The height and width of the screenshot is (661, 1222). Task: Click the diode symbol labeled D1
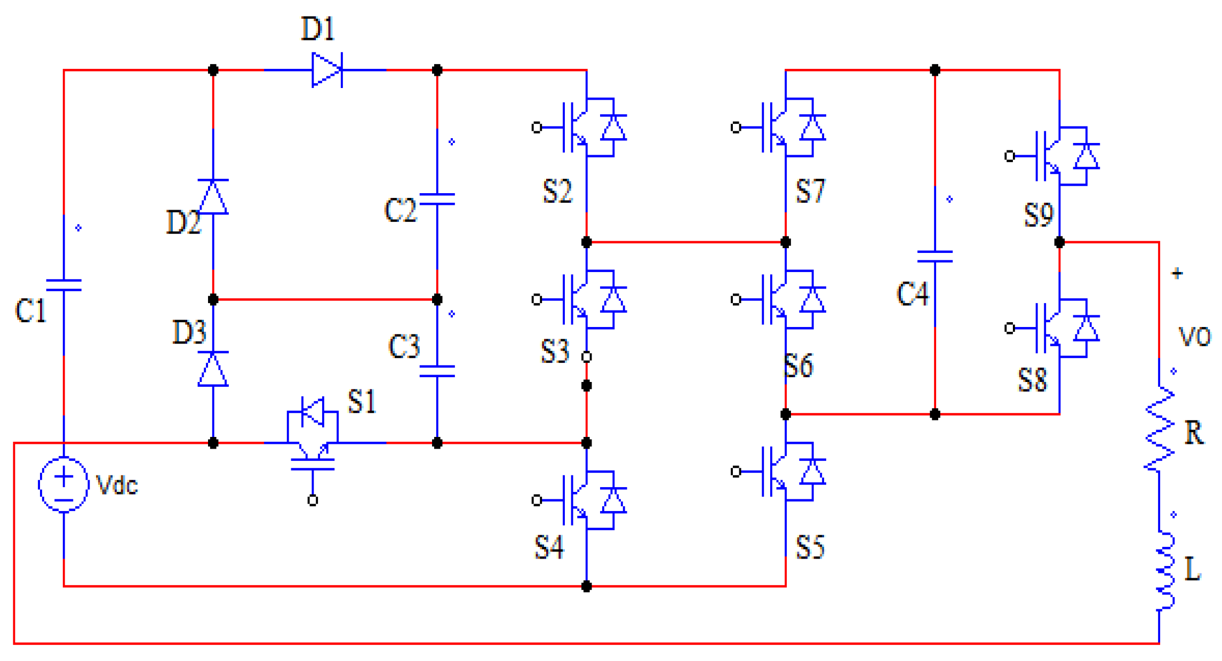click(326, 70)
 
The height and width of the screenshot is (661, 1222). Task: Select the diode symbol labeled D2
click(213, 197)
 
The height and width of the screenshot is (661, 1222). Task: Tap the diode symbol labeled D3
click(213, 369)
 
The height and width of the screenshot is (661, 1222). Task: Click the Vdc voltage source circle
click(63, 484)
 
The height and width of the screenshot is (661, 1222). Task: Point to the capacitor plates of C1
click(63, 285)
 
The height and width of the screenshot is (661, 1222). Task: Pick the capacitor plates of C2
click(437, 200)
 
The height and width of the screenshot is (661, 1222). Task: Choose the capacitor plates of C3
click(437, 371)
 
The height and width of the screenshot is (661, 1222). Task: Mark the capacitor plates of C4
click(935, 257)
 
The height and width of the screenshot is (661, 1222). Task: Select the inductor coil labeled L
click(1165, 571)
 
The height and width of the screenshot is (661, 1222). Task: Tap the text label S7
click(810, 191)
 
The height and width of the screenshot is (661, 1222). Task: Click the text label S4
click(549, 547)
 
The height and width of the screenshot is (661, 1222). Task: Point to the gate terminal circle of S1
click(313, 500)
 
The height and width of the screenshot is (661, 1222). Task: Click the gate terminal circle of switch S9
click(1009, 156)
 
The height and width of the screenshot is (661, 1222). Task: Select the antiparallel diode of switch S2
click(613, 128)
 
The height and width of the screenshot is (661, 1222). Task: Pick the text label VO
click(1194, 337)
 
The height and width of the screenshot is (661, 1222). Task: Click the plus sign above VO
click(1177, 274)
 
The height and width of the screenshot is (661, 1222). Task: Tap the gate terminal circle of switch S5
click(736, 472)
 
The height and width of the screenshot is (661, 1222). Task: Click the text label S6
click(798, 366)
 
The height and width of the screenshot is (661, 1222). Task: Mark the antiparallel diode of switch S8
click(1086, 329)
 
